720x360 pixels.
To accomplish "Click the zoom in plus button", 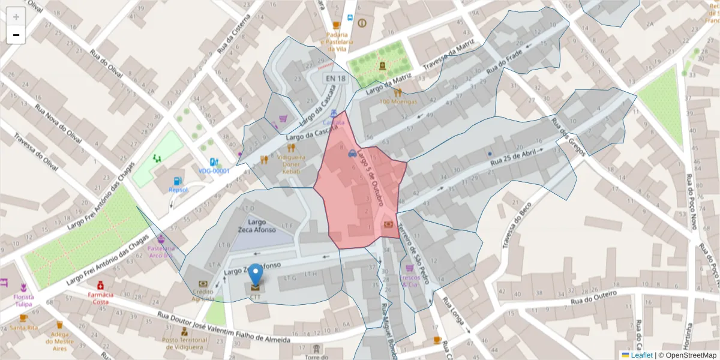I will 16,17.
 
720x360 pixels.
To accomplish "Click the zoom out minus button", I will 16,35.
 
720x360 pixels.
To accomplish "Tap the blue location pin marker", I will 256,275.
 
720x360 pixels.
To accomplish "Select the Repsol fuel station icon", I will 177,181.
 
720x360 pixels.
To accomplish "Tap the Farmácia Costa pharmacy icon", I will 101,284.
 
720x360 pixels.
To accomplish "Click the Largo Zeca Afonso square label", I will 256,226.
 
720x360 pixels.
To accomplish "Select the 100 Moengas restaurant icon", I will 398,92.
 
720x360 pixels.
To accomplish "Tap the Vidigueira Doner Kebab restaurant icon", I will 291,147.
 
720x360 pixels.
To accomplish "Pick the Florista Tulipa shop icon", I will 23,287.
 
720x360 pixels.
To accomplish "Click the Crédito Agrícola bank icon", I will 203,284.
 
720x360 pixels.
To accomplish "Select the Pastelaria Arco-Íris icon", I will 160,239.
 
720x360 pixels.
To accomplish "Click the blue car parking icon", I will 352,153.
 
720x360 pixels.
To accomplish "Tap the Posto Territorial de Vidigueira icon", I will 184,331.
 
